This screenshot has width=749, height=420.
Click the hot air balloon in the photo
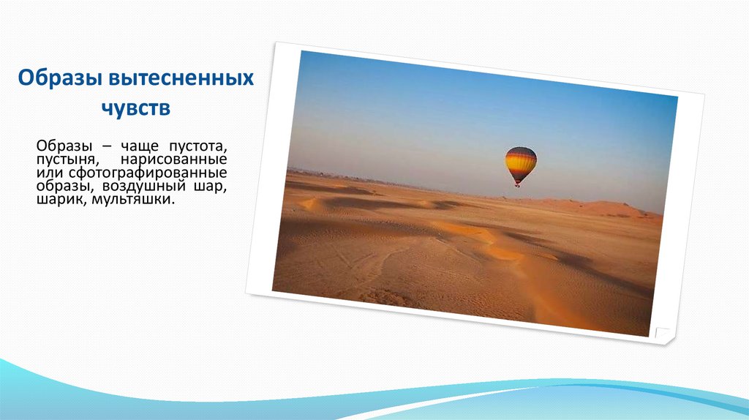pyautogui.click(x=521, y=164)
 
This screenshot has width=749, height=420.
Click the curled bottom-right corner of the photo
pyautogui.click(x=665, y=335)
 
